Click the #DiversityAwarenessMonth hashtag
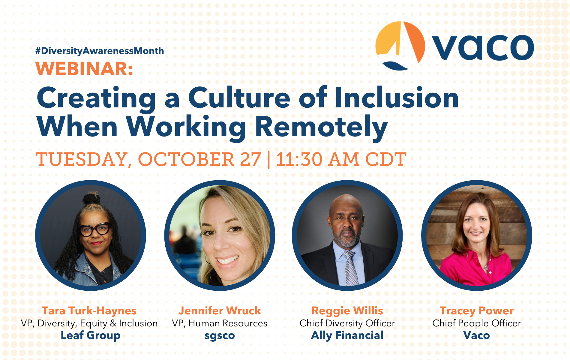coord(100,51)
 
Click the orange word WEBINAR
coord(84,69)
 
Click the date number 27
coord(250,159)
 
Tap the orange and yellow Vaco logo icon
coord(400,45)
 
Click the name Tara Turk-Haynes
coord(89,311)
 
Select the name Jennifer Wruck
coord(220,310)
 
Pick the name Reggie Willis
coord(347,311)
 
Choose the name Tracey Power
coord(477,311)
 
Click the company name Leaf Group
coord(91,335)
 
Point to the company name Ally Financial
coord(347,335)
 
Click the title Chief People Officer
coord(477,323)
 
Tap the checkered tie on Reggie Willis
coord(350,268)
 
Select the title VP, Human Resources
coord(220,323)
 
